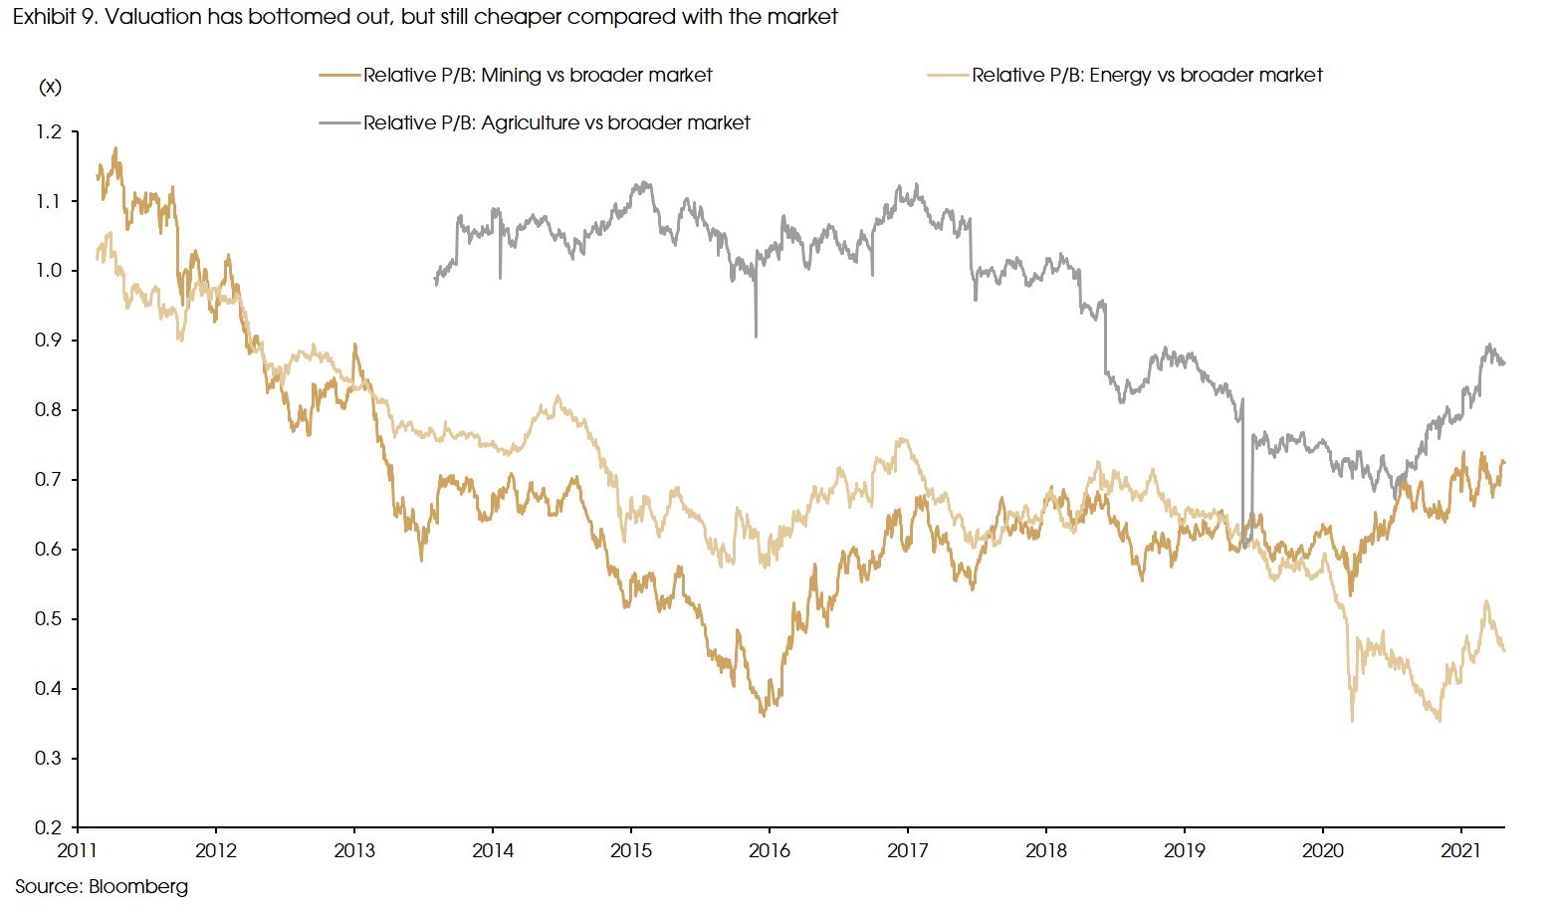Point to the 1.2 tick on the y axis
click(x=49, y=131)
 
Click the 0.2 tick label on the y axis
click(x=49, y=827)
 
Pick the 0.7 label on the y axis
click(x=49, y=480)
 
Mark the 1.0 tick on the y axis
click(x=49, y=271)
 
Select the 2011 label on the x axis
click(x=77, y=850)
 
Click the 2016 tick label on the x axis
click(x=769, y=850)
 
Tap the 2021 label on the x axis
click(x=1460, y=850)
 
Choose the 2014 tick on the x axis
click(x=492, y=850)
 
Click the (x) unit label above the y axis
click(x=50, y=87)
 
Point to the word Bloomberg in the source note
click(x=138, y=886)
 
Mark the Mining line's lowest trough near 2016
click(x=764, y=715)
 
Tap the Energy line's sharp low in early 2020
click(x=1352, y=720)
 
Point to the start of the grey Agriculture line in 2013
click(x=436, y=282)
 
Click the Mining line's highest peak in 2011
click(x=116, y=148)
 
